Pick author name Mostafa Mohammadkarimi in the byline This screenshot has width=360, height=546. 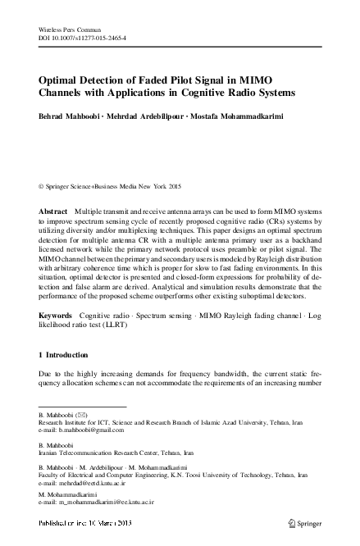[244, 115]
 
